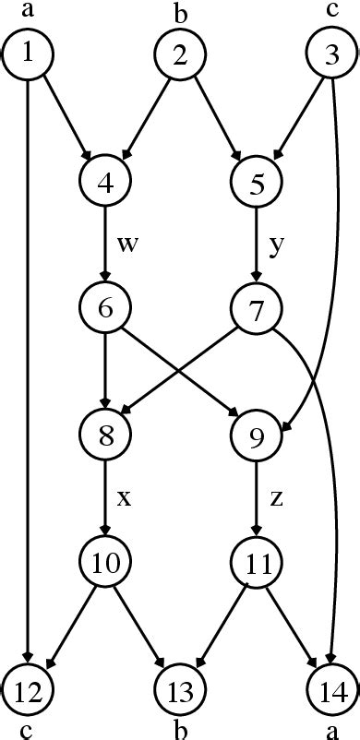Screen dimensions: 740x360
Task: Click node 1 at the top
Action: [x=29, y=54]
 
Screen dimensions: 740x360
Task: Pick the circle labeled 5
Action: [x=256, y=181]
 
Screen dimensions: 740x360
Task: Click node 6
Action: [x=105, y=307]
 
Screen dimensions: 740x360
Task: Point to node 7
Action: [x=256, y=307]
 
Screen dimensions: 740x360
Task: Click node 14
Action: [x=331, y=687]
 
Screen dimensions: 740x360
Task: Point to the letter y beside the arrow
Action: [x=275, y=246]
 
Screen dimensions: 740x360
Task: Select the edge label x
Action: [x=124, y=498]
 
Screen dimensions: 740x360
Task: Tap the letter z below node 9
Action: [x=275, y=498]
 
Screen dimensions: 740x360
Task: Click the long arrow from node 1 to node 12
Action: [x=29, y=369]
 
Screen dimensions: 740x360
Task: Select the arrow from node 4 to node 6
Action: [x=105, y=245]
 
